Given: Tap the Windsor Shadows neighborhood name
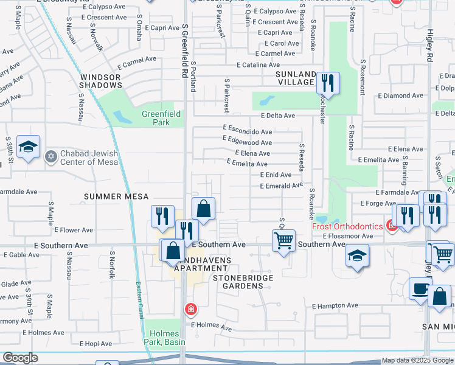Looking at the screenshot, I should (x=100, y=82).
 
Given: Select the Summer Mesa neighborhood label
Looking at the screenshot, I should (x=116, y=196).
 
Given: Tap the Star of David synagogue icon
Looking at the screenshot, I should (x=50, y=157).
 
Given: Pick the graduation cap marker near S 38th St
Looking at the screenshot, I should (x=28, y=148).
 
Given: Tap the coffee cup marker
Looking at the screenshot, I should (x=420, y=289).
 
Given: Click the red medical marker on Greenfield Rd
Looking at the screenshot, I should (x=191, y=310).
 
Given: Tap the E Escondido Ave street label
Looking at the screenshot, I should (x=247, y=131).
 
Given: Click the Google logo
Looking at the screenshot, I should (x=20, y=358).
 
